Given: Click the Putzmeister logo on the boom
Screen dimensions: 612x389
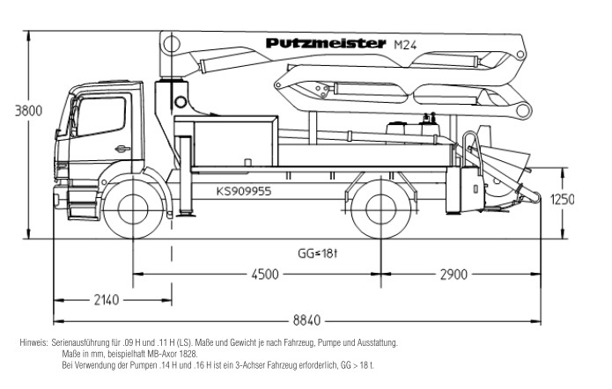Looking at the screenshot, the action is tap(326, 43).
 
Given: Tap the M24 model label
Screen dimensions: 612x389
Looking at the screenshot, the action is tap(405, 45).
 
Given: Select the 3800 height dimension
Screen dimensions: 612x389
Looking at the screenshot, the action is tap(28, 111).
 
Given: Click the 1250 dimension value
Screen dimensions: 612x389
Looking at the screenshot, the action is tap(563, 200).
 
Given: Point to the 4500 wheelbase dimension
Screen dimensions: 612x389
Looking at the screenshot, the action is tap(265, 274).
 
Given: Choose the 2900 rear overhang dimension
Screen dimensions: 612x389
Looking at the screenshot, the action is tap(453, 275).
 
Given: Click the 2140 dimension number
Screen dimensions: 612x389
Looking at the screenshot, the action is tap(107, 299).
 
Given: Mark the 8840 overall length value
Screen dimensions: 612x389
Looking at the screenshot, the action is tap(306, 320).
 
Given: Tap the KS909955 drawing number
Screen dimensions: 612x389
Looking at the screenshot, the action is tap(244, 191).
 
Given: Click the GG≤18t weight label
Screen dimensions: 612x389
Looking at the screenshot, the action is tap(317, 253).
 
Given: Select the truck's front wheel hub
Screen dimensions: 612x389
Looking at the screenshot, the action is tap(133, 209).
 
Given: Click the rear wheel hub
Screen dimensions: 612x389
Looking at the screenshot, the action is tap(381, 209).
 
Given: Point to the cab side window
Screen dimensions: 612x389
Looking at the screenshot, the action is tap(102, 116).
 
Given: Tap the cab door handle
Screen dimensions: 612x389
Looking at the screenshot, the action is tap(122, 148).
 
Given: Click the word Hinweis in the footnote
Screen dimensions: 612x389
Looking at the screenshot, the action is tap(33, 343).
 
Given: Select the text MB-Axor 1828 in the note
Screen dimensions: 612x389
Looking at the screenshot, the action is tap(172, 355).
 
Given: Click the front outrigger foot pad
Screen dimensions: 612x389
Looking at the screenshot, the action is tap(186, 214).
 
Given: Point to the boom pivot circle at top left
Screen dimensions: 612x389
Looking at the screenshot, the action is tap(171, 43).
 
